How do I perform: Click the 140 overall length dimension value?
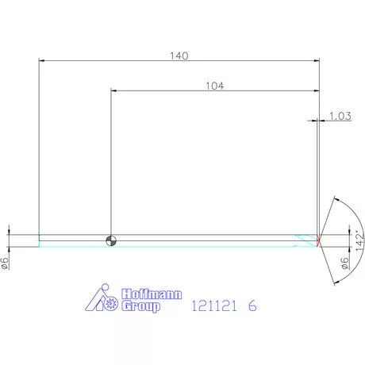click(179, 56)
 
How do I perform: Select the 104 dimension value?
click(215, 86)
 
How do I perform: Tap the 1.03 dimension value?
click(340, 116)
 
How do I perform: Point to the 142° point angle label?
click(359, 240)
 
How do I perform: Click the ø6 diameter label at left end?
click(5, 263)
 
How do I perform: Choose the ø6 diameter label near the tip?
click(344, 263)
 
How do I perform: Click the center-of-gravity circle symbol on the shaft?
click(111, 240)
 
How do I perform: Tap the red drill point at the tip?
click(318, 240)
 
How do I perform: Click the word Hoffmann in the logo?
click(152, 294)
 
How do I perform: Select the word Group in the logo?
click(140, 306)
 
